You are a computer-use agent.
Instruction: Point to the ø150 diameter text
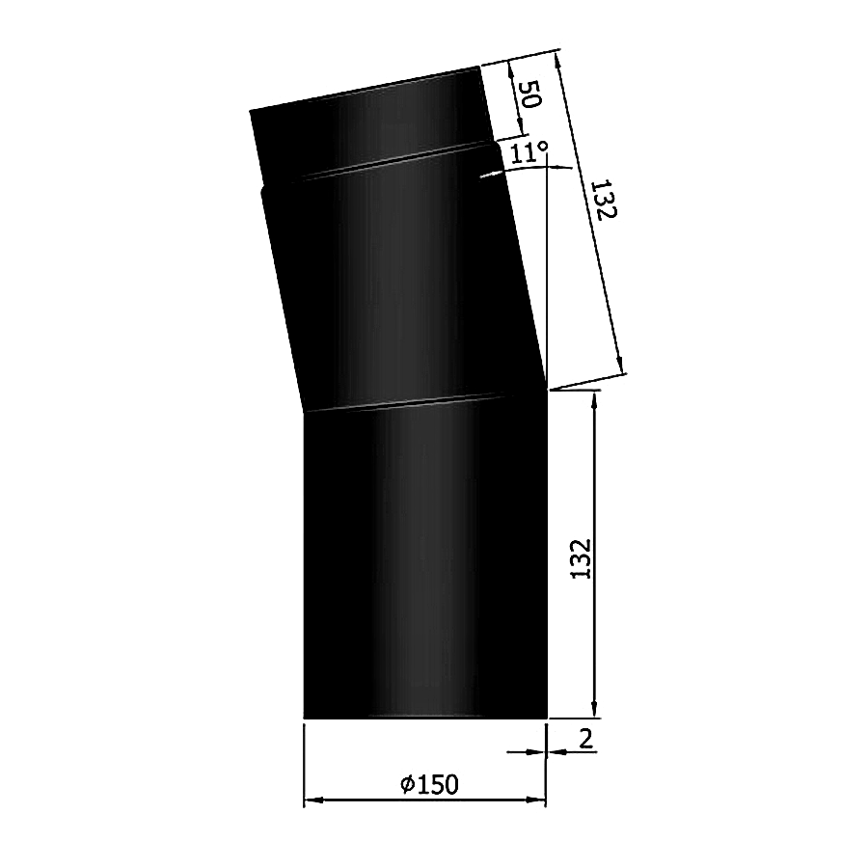tap(429, 785)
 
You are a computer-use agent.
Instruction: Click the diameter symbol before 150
tap(406, 786)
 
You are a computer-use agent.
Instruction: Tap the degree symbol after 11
tap(544, 148)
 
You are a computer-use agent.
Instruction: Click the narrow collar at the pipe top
tap(366, 121)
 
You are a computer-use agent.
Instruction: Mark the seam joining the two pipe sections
tap(424, 402)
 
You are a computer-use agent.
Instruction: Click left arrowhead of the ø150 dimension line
tap(311, 800)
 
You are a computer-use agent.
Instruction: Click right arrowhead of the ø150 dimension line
tap(539, 800)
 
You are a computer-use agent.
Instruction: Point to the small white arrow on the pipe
tap(489, 175)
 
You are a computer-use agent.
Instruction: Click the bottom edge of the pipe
tap(424, 718)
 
